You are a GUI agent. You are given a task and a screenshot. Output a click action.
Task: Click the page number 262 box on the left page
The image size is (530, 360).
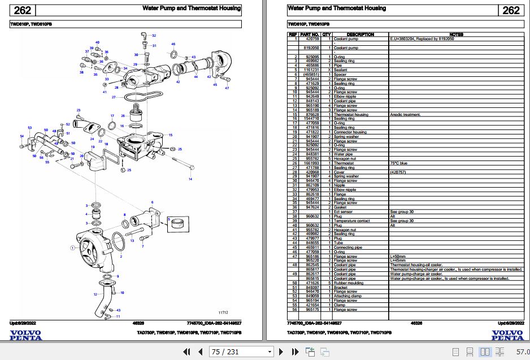22,10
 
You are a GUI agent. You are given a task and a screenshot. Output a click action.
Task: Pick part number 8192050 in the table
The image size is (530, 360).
312,49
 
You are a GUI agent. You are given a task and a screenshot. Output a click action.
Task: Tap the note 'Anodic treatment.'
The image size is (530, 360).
406,115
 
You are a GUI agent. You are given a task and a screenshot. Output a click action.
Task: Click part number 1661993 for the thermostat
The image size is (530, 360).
312,163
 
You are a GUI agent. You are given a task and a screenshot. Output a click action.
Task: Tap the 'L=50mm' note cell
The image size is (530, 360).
398,256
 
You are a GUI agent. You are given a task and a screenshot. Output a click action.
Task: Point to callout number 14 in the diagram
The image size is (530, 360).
190,179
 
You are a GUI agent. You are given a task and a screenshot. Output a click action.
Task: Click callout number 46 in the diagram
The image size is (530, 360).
173,44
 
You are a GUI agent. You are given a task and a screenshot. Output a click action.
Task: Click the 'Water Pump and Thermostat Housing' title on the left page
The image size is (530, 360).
192,8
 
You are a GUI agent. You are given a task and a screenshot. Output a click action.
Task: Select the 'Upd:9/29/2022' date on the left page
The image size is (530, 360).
22,323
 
